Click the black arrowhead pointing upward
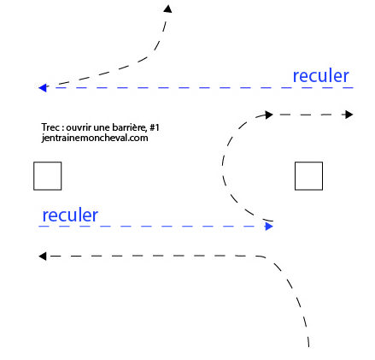[x=167, y=9]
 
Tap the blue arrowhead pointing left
[x=43, y=88]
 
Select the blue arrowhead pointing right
[x=269, y=227]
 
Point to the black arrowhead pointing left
[x=43, y=256]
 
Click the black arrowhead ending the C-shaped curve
[x=269, y=115]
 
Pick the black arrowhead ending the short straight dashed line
[x=349, y=115]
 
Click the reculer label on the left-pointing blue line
[x=321, y=76]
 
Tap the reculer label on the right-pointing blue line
[x=70, y=215]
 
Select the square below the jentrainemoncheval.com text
[x=48, y=176]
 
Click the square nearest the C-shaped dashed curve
[x=308, y=176]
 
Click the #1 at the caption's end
[x=155, y=127]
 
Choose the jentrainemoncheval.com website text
[x=95, y=138]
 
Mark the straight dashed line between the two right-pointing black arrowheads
[x=309, y=115]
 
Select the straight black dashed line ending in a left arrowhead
[x=155, y=256]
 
